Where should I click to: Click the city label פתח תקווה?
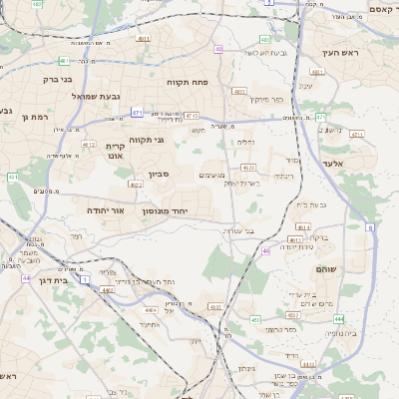click(x=185, y=82)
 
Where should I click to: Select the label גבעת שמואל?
click(x=96, y=96)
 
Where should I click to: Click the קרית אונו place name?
click(x=115, y=151)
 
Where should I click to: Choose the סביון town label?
click(x=160, y=175)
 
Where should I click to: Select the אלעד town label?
click(x=332, y=163)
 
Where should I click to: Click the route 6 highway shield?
click(x=370, y=228)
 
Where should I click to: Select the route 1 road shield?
click(x=85, y=280)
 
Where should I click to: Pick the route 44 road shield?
click(x=25, y=278)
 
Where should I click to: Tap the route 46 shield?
click(x=266, y=250)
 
